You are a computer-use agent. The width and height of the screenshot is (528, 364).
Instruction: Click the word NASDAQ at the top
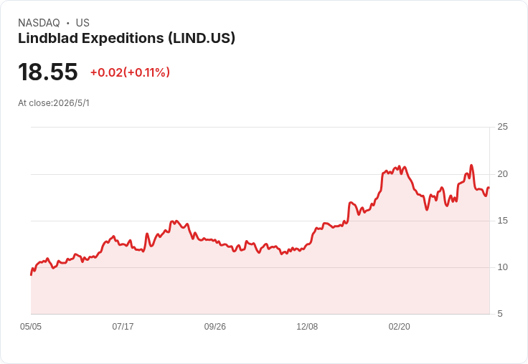coord(39,23)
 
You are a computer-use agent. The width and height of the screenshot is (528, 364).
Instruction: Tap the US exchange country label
coord(82,23)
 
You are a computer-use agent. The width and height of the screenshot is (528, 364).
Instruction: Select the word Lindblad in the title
coord(48,38)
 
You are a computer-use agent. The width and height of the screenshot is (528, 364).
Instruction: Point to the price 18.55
coord(48,72)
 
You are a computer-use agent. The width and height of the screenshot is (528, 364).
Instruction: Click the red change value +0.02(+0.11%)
coord(130,72)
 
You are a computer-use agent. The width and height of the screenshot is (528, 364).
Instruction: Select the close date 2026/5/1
coord(72,103)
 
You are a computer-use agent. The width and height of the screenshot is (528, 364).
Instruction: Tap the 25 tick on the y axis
coord(502,127)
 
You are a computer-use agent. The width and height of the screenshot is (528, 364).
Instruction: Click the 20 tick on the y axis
coord(502,174)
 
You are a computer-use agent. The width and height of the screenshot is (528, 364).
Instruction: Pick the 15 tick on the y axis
coord(502,221)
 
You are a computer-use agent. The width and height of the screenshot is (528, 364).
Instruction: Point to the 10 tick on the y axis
coord(502,267)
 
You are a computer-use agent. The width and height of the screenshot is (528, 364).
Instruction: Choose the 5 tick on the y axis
coord(500,314)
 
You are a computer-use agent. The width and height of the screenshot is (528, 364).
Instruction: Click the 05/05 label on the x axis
coord(31,327)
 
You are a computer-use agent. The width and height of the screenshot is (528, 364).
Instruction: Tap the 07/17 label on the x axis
coord(123,327)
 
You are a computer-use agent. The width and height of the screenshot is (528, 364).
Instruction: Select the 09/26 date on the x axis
coord(214,327)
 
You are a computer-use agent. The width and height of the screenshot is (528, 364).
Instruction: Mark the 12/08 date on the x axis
coord(307,327)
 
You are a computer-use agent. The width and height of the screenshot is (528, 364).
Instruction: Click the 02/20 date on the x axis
coord(399,327)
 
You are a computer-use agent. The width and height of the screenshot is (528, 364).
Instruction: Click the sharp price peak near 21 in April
coord(471,166)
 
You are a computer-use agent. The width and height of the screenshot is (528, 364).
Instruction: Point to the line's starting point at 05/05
coord(31,275)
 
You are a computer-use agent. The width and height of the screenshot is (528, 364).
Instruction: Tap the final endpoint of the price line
coord(489,188)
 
